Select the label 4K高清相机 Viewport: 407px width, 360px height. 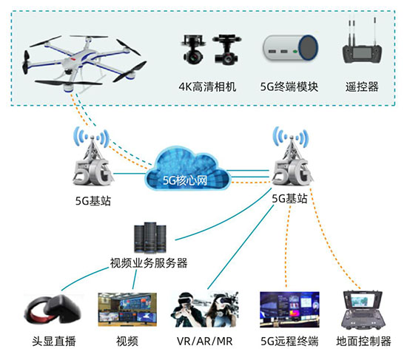point(207,86)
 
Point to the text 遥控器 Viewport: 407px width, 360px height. point(362,86)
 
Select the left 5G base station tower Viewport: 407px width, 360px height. point(92,163)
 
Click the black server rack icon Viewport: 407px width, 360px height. point(148,237)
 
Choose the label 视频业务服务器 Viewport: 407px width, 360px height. point(148,262)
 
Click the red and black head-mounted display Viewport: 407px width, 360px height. point(46,311)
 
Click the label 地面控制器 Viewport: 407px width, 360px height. point(363,342)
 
